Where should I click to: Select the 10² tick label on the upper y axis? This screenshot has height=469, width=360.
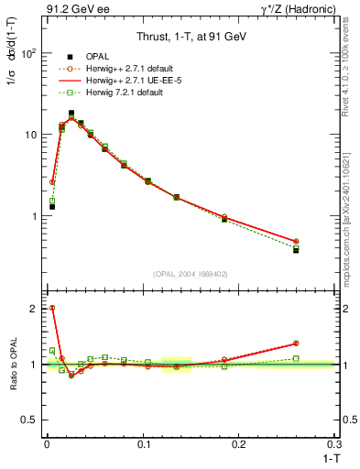[28, 53]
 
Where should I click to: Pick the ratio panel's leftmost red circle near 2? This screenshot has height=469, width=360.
[52, 309]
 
